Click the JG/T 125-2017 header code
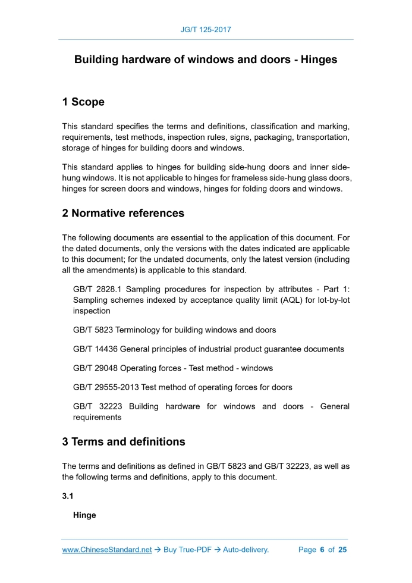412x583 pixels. [x=206, y=29]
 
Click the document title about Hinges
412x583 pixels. [x=206, y=60]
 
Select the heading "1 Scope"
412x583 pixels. [x=83, y=102]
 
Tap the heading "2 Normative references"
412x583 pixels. [x=123, y=213]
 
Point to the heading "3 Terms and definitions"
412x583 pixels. [x=124, y=441]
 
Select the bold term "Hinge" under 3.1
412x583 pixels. [x=84, y=515]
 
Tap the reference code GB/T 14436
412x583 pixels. [x=95, y=349]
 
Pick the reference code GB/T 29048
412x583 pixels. [x=95, y=368]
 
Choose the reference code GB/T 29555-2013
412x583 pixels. [x=106, y=387]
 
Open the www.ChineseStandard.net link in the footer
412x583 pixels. [x=107, y=550]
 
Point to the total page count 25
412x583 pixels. [x=342, y=550]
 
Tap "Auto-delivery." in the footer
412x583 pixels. [x=246, y=550]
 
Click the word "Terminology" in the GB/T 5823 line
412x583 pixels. [x=139, y=330]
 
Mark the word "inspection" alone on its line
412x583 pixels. [x=92, y=311]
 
